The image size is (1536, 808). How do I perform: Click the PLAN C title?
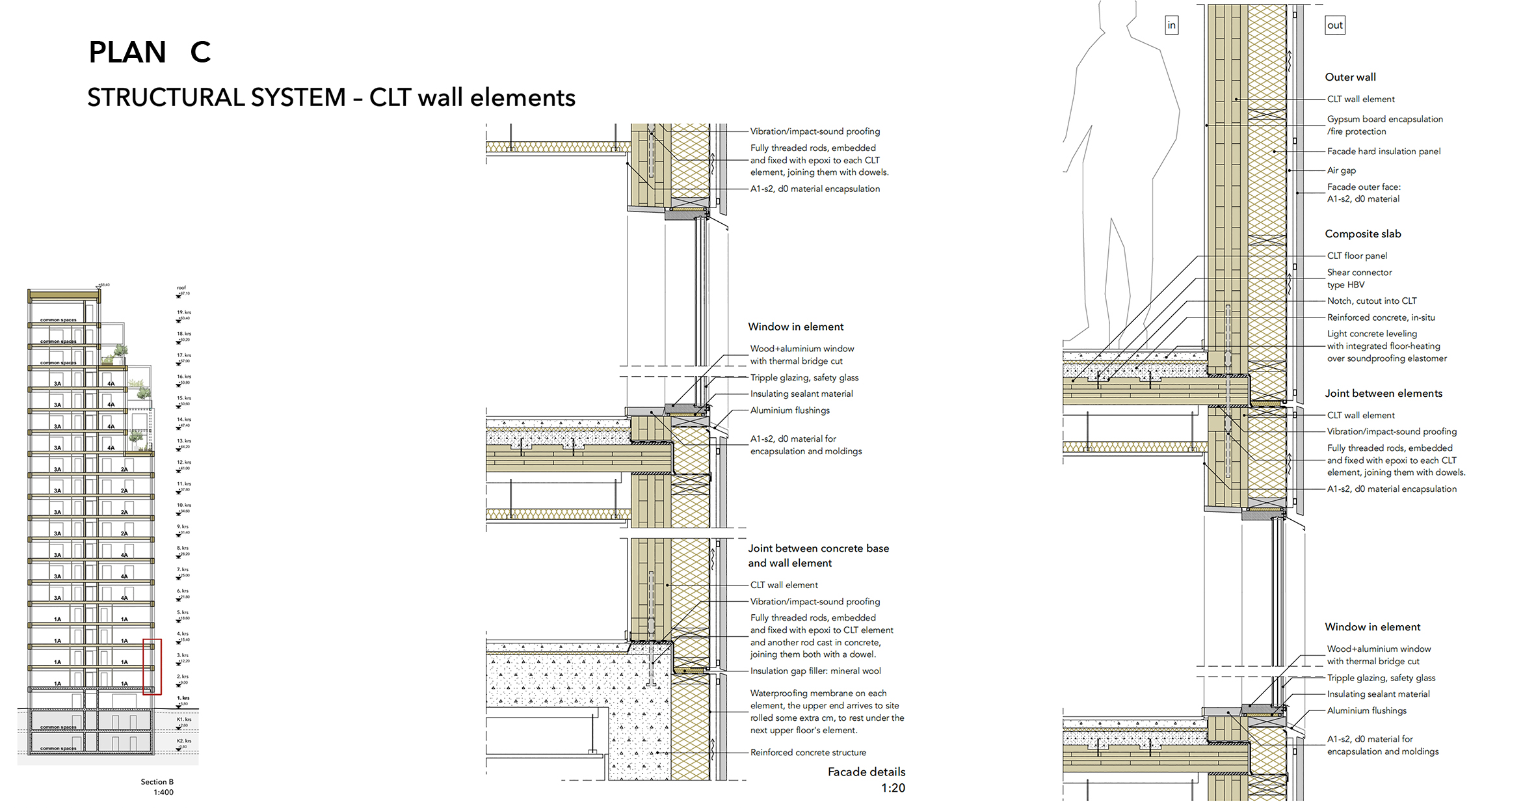pos(150,52)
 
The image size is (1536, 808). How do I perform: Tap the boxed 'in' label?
pos(1171,25)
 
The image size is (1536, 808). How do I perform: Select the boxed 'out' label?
pos(1334,25)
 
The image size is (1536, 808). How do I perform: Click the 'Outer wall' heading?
pos(1350,77)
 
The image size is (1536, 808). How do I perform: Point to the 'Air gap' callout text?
pos(1341,170)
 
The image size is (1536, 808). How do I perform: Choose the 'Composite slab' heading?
pos(1362,234)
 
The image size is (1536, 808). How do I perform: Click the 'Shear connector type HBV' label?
pos(1359,278)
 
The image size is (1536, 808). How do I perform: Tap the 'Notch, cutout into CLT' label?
pos(1371,301)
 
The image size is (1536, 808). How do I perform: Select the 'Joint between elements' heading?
pos(1383,393)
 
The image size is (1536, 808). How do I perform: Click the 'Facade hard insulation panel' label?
pos(1383,151)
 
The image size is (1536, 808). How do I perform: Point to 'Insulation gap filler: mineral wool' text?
pos(815,671)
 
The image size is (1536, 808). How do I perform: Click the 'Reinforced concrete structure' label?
pos(808,752)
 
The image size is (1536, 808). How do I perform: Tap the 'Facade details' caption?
pos(866,772)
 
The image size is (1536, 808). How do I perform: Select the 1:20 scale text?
pos(893,788)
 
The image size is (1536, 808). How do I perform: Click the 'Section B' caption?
pos(157,782)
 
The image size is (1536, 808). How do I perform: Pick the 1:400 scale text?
pos(163,792)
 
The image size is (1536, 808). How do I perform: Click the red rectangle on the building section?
pos(152,667)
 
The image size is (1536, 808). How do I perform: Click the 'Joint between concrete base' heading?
pos(818,548)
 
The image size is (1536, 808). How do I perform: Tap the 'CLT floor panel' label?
pos(1357,256)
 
